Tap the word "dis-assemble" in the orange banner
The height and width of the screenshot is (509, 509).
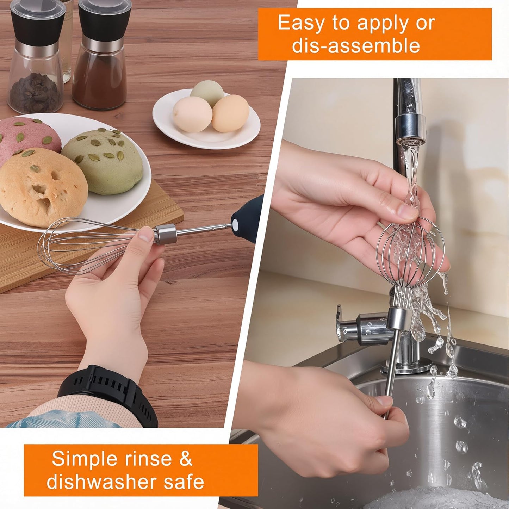coord(356,46)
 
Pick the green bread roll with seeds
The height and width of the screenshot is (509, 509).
coord(104,160)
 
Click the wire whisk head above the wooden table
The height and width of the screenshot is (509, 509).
coord(85,245)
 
